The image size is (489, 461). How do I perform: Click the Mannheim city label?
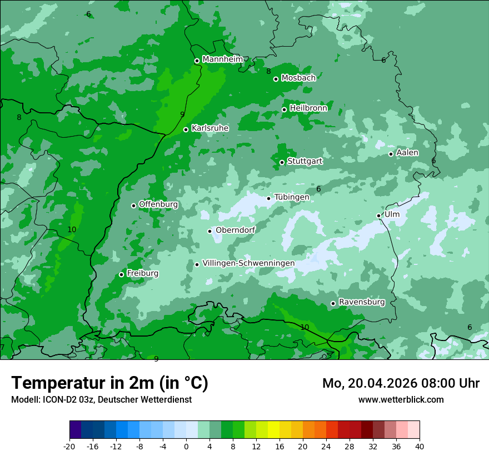pyautogui.click(x=222, y=59)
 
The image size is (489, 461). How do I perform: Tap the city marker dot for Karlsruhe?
pyautogui.click(x=186, y=129)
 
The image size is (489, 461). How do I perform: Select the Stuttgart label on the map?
pyautogui.click(x=305, y=161)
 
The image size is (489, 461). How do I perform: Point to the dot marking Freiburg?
pyautogui.click(x=121, y=274)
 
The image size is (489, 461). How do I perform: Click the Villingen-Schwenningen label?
pyautogui.click(x=248, y=263)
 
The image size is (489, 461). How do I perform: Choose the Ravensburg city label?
pyautogui.click(x=361, y=302)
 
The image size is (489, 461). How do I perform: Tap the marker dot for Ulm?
pyautogui.click(x=378, y=216)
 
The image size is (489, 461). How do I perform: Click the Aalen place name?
pyautogui.click(x=407, y=153)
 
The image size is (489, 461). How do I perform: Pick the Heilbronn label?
pyautogui.click(x=308, y=108)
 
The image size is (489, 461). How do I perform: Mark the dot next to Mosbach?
pyautogui.click(x=276, y=79)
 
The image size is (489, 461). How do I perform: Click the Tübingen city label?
pyautogui.click(x=291, y=197)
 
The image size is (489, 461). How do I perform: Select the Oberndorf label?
pyautogui.click(x=235, y=230)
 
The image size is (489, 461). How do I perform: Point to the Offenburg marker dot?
pyautogui.click(x=133, y=206)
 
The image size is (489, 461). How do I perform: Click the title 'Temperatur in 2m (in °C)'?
pyautogui.click(x=109, y=383)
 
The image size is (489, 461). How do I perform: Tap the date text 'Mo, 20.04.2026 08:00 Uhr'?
pyautogui.click(x=401, y=383)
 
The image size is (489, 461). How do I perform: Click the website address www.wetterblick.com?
pyautogui.click(x=401, y=399)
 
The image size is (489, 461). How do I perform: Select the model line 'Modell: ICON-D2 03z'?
pyautogui.click(x=101, y=399)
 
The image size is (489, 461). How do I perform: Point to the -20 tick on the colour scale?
pyautogui.click(x=69, y=446)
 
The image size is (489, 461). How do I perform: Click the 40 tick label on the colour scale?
pyautogui.click(x=419, y=446)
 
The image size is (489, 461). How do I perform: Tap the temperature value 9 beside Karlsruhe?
pyautogui.click(x=182, y=114)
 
